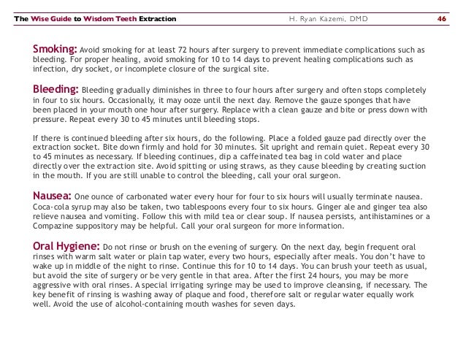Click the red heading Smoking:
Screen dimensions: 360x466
55,49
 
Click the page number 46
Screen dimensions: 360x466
442,18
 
